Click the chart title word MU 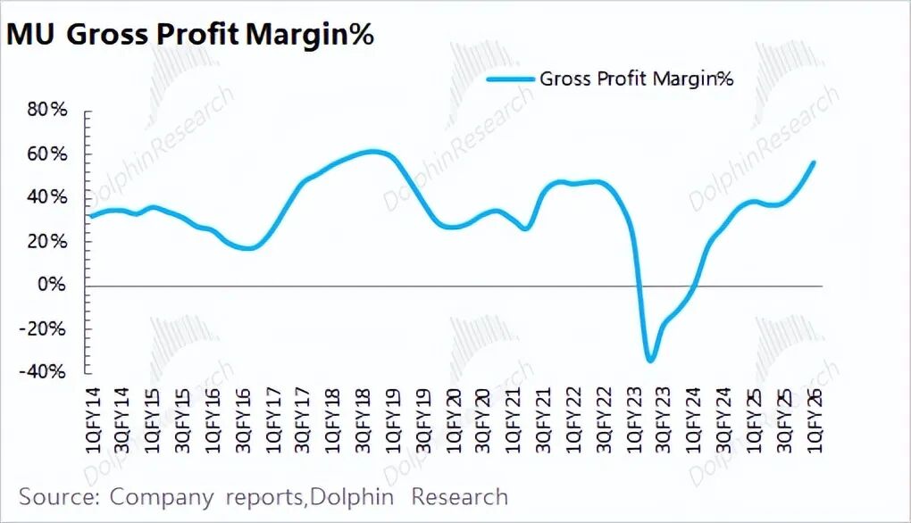[33, 35]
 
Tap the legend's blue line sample [510, 79]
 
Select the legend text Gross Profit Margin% [636, 79]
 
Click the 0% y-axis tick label [53, 286]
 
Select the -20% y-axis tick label [45, 329]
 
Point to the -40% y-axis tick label [45, 372]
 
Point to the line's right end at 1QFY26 [814, 162]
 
